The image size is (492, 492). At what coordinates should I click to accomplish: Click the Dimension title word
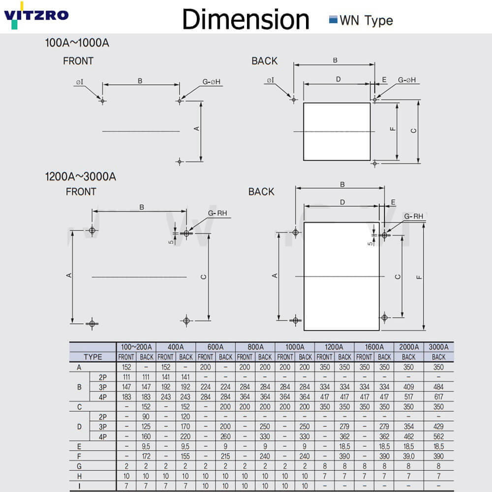pyautogui.click(x=246, y=19)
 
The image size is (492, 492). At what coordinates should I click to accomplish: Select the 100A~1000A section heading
pyautogui.click(x=77, y=43)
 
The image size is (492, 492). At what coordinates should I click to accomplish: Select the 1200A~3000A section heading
pyautogui.click(x=81, y=176)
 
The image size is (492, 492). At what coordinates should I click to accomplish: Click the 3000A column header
pyautogui.click(x=438, y=347)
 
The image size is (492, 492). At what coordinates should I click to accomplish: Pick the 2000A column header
pyautogui.click(x=409, y=347)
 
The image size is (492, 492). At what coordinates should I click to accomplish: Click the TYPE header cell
pyautogui.click(x=93, y=357)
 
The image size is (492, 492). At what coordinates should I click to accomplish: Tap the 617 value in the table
pyautogui.click(x=438, y=397)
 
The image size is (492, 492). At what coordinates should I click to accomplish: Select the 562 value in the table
pyautogui.click(x=438, y=436)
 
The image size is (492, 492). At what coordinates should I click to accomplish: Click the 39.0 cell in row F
pyautogui.click(x=409, y=456)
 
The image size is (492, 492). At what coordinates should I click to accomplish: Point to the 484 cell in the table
pyautogui.click(x=438, y=387)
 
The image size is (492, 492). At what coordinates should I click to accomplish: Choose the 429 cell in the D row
pyautogui.click(x=438, y=426)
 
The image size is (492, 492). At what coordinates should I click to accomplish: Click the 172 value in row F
pyautogui.click(x=146, y=456)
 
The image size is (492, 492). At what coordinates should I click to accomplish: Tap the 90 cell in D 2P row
pyautogui.click(x=146, y=416)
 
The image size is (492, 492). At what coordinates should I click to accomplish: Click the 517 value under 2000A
pyautogui.click(x=409, y=397)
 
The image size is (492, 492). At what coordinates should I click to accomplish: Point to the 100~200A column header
pyautogui.click(x=136, y=347)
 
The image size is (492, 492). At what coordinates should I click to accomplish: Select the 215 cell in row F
pyautogui.click(x=225, y=456)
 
